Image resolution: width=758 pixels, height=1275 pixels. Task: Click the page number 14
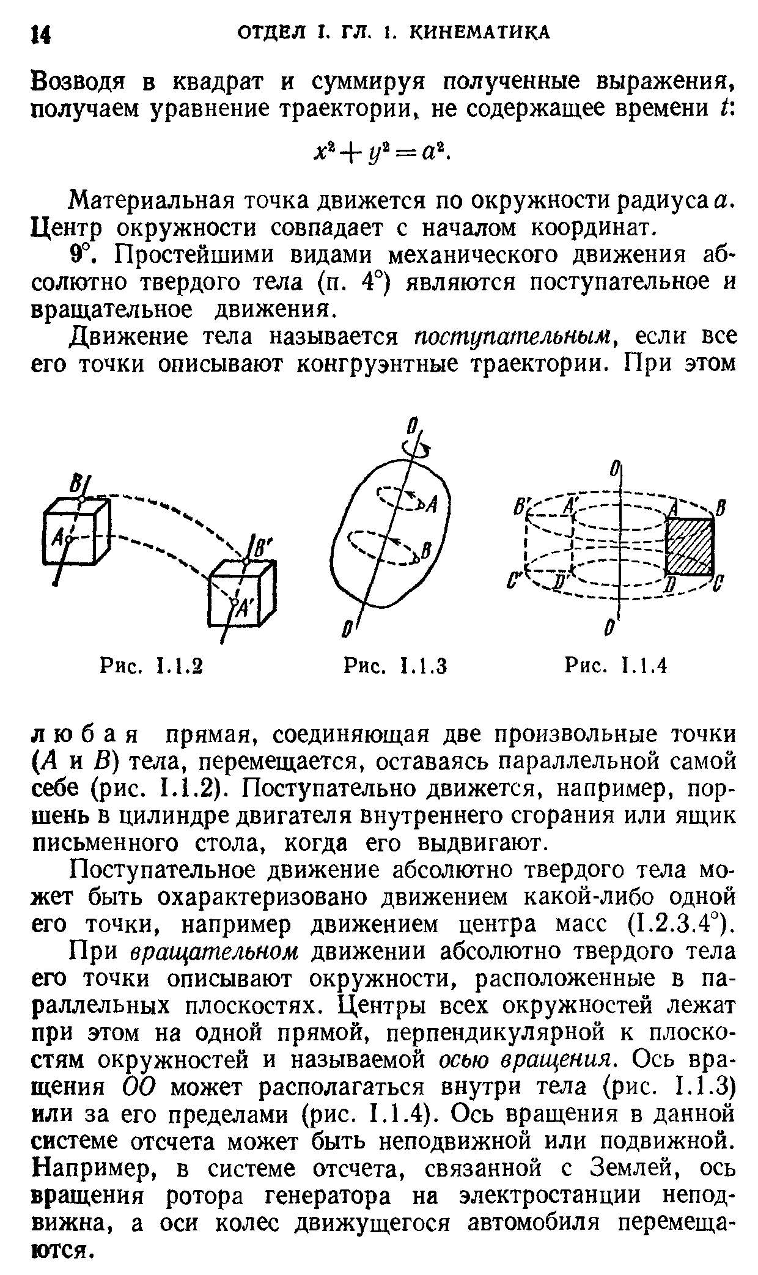(x=40, y=34)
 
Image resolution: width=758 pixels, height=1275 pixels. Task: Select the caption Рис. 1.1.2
(x=151, y=664)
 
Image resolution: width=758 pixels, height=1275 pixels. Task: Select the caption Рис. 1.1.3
(x=396, y=664)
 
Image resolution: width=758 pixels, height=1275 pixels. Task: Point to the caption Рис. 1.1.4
(x=614, y=664)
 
